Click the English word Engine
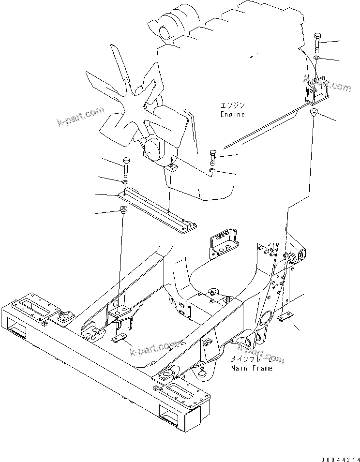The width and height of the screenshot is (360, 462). click(232, 115)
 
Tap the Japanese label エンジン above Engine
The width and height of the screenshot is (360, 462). click(232, 105)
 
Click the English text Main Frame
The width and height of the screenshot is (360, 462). click(251, 368)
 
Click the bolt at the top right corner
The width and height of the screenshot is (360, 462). click(317, 42)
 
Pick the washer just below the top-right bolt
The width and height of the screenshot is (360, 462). click(316, 58)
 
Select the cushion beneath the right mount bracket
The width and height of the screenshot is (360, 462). click(314, 113)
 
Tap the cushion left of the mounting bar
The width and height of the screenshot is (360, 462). click(123, 209)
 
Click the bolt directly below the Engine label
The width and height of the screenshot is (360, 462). click(213, 157)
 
